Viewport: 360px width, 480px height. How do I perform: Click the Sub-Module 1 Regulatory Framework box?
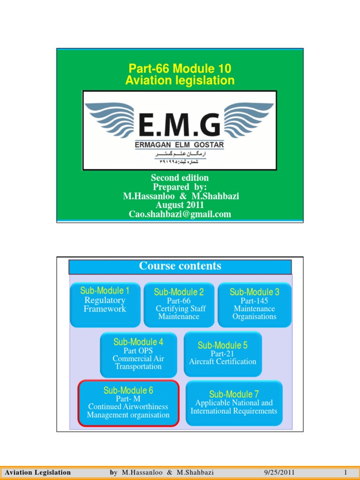pyautogui.click(x=105, y=304)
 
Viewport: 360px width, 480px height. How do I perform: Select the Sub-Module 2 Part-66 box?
pyautogui.click(x=179, y=304)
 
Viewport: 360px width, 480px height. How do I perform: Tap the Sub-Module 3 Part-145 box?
pyautogui.click(x=254, y=304)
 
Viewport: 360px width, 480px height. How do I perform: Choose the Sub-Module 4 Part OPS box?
pyautogui.click(x=138, y=354)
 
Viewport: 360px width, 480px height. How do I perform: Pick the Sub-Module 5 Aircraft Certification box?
pyautogui.click(x=223, y=353)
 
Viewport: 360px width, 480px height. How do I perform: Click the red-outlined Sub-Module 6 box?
pyautogui.click(x=128, y=403)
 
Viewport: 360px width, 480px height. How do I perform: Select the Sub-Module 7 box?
pyautogui.click(x=234, y=403)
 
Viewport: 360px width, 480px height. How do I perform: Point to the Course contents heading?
pyautogui.click(x=180, y=266)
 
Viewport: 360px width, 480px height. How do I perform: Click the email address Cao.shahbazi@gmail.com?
pyautogui.click(x=180, y=214)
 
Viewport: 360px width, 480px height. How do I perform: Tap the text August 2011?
pyautogui.click(x=180, y=205)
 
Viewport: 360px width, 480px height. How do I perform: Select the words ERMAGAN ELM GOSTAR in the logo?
pyautogui.click(x=180, y=145)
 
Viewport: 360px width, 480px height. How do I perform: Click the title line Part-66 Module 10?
pyautogui.click(x=180, y=69)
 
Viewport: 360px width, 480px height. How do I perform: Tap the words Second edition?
pyautogui.click(x=180, y=178)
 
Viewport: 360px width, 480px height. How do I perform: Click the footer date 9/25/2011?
pyautogui.click(x=280, y=472)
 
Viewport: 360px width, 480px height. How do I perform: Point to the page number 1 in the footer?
pyautogui.click(x=345, y=472)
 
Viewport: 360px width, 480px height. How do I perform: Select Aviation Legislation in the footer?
pyautogui.click(x=37, y=472)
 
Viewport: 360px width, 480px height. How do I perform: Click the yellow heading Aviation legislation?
pyautogui.click(x=180, y=81)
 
